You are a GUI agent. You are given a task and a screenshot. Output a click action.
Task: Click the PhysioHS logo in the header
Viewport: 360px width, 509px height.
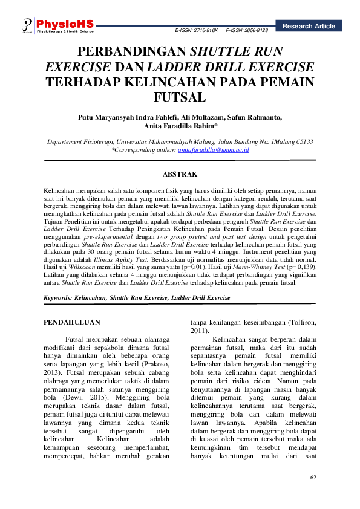[x=57, y=24]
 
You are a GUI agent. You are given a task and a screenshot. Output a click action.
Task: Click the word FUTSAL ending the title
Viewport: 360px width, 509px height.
[x=180, y=97]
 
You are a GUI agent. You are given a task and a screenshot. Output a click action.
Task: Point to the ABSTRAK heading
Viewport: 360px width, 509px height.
[x=180, y=174]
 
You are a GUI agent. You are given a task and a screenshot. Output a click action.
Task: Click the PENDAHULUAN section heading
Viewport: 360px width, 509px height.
[x=71, y=322]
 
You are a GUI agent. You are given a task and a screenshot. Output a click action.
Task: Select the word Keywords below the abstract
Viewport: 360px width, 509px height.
[x=58, y=298]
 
